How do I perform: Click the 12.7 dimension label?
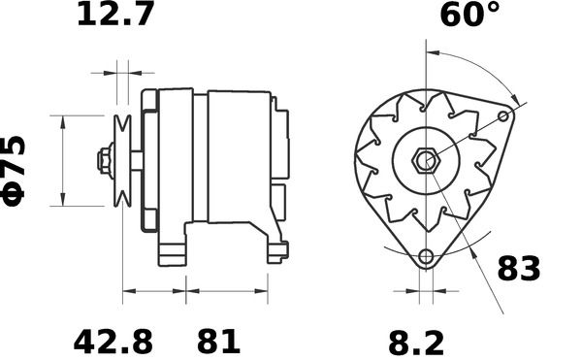tap(115, 14)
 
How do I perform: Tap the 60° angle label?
tap(469, 15)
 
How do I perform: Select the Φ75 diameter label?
tap(14, 171)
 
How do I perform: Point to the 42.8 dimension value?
tap(113, 342)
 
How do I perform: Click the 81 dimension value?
tap(218, 342)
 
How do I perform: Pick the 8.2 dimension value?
tap(416, 344)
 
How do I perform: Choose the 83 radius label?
tap(519, 269)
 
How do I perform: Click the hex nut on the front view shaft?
tap(426, 161)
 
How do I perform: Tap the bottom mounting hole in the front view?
tap(426, 256)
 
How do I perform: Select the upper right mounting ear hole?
tap(503, 116)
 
